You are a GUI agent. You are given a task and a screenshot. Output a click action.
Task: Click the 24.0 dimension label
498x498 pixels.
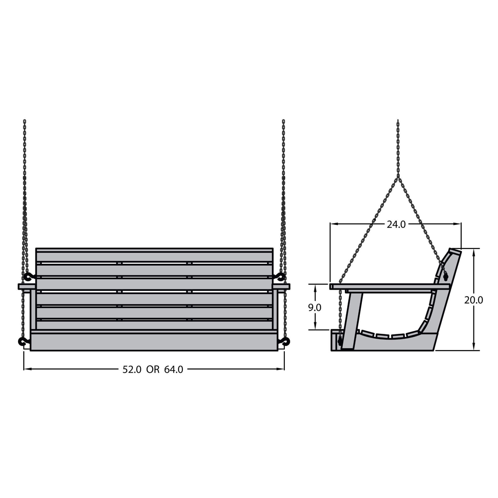click(x=396, y=225)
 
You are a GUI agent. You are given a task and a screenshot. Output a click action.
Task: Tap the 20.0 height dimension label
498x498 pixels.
click(x=474, y=300)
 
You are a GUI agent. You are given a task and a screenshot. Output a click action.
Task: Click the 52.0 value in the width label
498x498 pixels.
click(x=132, y=370)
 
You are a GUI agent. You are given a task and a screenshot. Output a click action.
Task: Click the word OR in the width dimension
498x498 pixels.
click(x=153, y=370)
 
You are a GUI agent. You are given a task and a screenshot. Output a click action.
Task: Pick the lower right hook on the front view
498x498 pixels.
click(x=286, y=342)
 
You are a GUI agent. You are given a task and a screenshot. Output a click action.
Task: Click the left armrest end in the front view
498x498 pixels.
click(x=26, y=287)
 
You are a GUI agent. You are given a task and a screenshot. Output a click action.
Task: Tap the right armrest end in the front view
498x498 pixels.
click(x=281, y=287)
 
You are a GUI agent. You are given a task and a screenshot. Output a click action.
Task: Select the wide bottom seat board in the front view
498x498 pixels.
click(x=154, y=342)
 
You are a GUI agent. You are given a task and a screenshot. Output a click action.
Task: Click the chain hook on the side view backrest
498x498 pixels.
click(x=446, y=277)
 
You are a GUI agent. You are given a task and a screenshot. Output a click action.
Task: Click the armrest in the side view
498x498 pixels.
click(x=389, y=286)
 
